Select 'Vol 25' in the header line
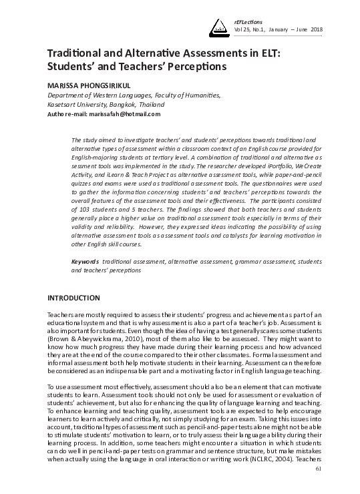tap(240, 29)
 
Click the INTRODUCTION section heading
tap(73, 297)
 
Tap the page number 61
tap(319, 488)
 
